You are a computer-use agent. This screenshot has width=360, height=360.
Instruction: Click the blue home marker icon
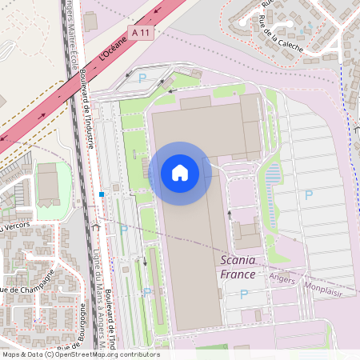point(180,173)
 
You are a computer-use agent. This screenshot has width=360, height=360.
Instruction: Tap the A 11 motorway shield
point(141,31)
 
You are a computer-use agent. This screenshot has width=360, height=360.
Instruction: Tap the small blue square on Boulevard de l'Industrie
point(102,194)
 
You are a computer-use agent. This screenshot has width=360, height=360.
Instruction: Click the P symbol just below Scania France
point(245,294)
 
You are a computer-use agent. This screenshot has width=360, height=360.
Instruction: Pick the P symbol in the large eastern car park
point(309,194)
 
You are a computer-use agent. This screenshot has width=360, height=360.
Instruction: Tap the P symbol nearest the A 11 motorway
point(143,78)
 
